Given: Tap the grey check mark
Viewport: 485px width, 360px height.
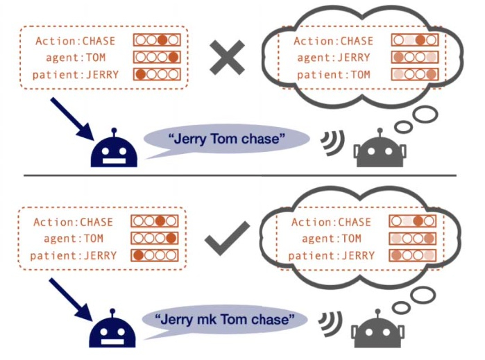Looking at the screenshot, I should point(228,237).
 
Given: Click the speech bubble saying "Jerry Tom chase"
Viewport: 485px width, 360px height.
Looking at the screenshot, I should point(226,140).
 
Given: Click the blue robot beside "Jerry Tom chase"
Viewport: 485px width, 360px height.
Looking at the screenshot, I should point(114,148).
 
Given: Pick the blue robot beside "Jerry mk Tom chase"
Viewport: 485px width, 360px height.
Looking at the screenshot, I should point(114,329).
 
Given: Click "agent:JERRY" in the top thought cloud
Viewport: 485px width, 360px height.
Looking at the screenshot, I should point(332,58).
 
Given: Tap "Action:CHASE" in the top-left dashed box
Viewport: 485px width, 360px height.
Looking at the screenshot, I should point(75,41).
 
